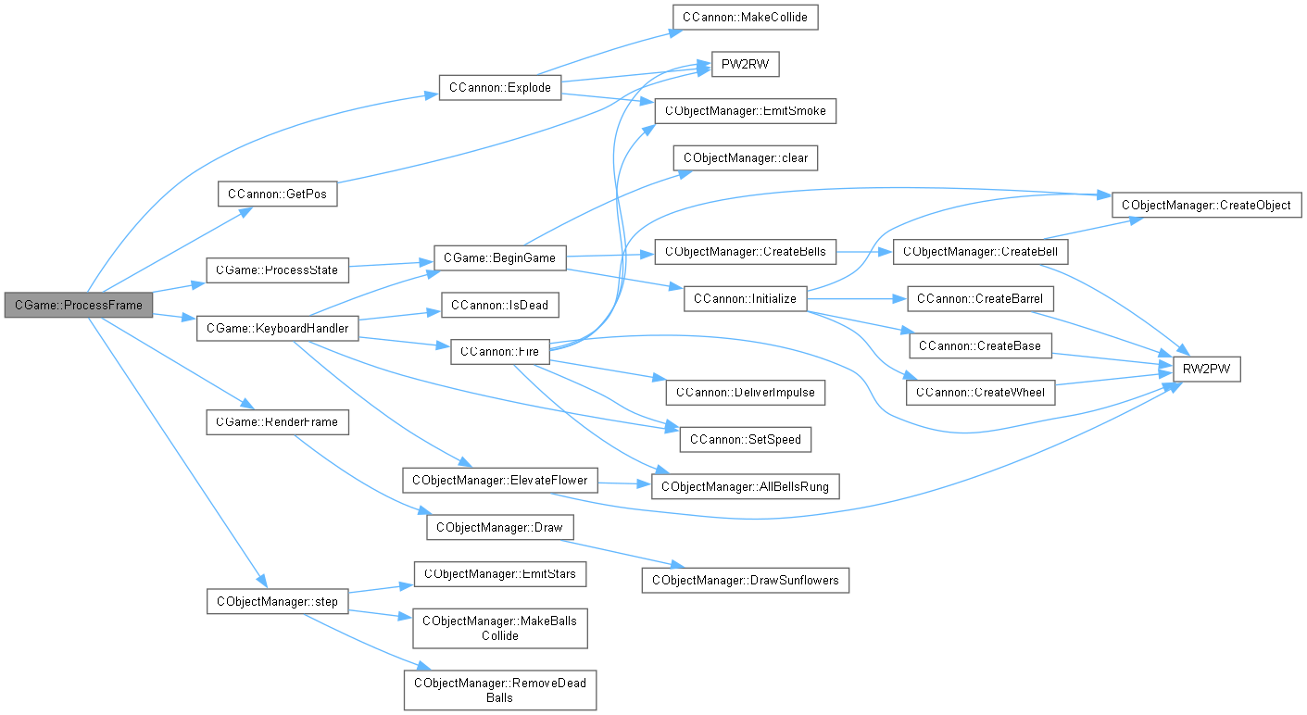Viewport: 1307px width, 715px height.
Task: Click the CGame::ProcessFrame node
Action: pos(78,305)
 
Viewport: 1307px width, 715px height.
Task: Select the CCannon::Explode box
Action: pos(499,88)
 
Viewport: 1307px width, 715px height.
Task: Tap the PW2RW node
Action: pos(745,65)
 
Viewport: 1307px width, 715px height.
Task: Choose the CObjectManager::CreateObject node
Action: pos(1207,205)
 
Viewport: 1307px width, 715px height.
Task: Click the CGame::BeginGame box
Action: pos(499,257)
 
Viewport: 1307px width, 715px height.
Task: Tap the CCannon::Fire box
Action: pos(499,352)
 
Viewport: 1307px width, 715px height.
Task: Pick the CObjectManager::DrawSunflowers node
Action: pos(745,580)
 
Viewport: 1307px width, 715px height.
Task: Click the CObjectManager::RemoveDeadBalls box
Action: pos(499,689)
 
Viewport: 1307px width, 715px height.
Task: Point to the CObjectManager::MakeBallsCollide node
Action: pos(499,628)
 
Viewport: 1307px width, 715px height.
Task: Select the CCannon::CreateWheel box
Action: pos(979,393)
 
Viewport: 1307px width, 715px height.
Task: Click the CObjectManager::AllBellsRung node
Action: pos(745,486)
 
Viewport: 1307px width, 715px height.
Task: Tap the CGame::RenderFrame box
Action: pos(264,422)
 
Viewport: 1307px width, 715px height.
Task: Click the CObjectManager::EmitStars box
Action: pos(499,573)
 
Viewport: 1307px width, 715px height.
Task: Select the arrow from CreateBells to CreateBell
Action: pos(863,252)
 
